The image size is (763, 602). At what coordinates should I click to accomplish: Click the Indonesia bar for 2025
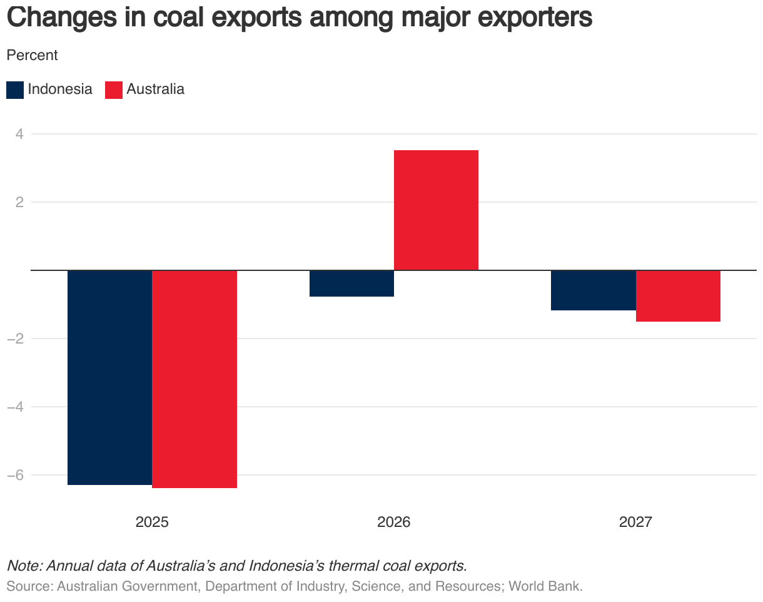click(x=109, y=377)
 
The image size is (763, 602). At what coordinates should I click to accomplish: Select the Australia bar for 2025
click(x=195, y=379)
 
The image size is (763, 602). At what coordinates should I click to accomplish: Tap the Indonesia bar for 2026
click(x=351, y=283)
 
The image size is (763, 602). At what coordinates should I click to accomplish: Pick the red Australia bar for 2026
click(x=436, y=210)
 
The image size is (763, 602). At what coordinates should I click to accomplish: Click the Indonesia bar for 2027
click(x=593, y=290)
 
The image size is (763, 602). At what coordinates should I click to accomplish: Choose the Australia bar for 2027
click(x=678, y=296)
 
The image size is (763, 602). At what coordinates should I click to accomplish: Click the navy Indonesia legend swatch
click(x=15, y=89)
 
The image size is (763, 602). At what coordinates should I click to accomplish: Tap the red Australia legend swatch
click(x=114, y=89)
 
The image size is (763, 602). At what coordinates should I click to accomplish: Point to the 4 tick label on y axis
click(x=18, y=134)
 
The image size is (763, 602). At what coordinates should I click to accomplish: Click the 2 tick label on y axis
click(x=18, y=202)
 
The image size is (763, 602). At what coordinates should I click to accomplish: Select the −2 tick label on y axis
click(x=15, y=339)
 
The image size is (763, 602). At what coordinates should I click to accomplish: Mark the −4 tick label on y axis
click(x=15, y=407)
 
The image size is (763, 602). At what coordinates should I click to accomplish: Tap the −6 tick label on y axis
click(x=15, y=475)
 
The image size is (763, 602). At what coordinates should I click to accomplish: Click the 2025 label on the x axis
click(x=152, y=522)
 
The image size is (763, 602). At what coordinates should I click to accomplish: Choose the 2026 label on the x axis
click(x=394, y=522)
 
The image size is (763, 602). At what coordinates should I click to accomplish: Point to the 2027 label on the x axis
click(x=635, y=522)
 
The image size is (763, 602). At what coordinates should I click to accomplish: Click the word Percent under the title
click(x=32, y=55)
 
